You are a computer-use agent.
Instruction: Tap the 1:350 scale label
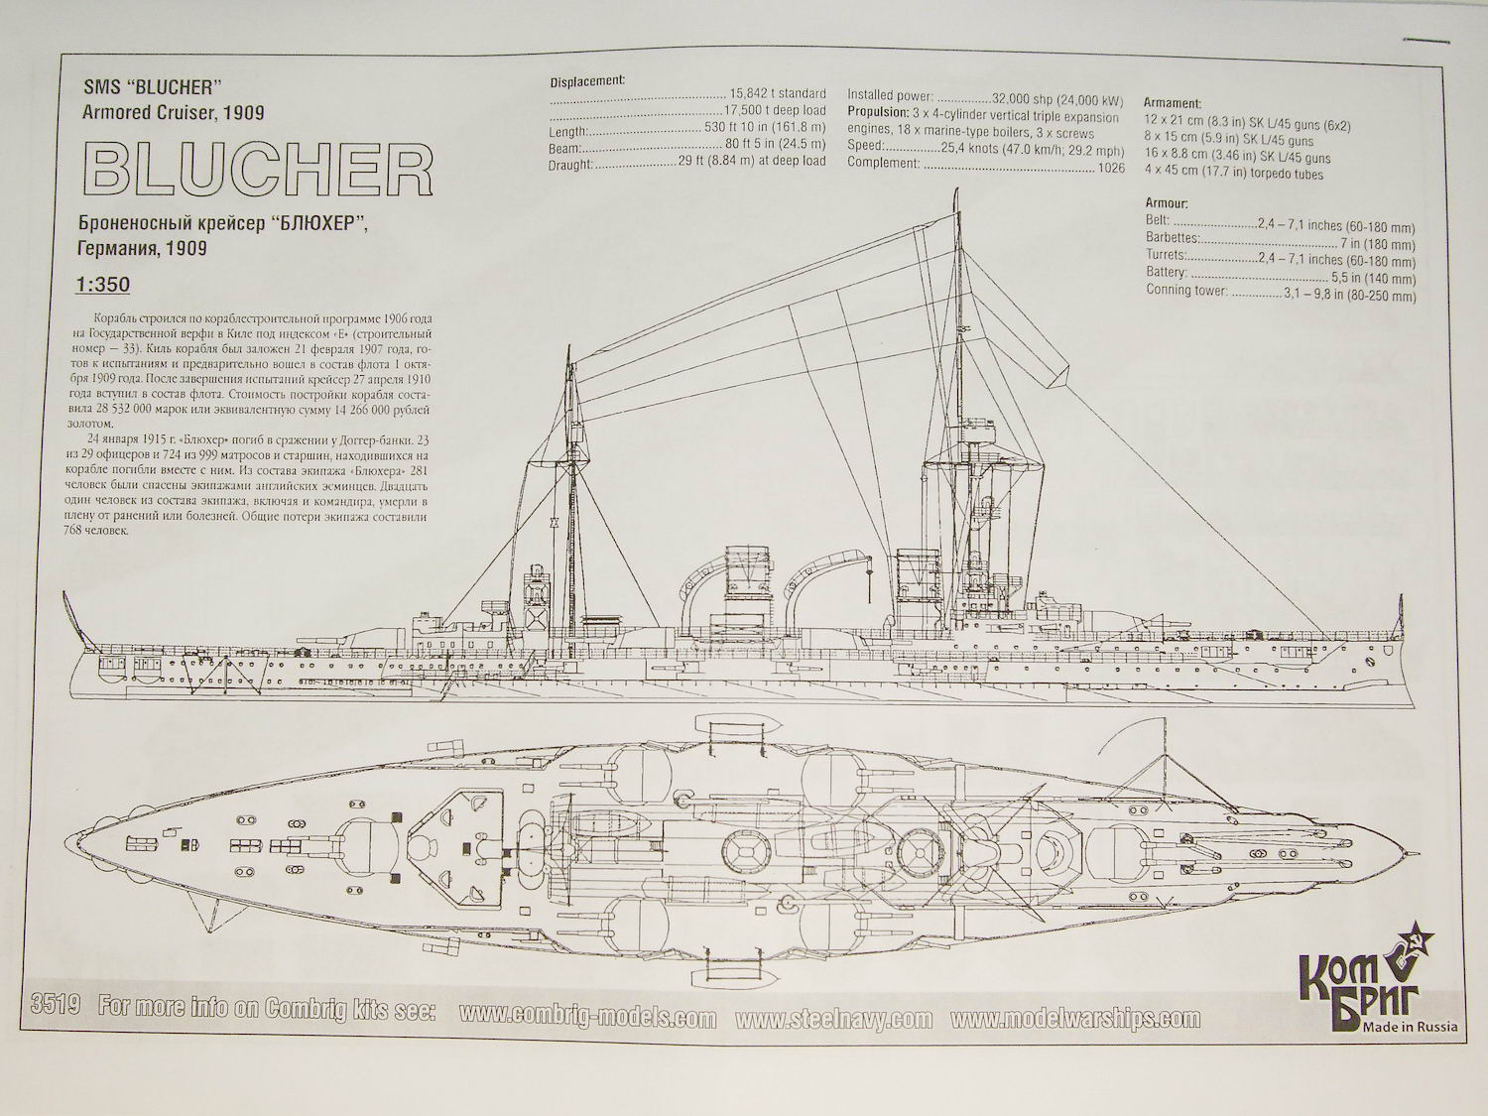(x=102, y=285)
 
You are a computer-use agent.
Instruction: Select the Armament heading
(x=1172, y=103)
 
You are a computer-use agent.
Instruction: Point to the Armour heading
(x=1166, y=203)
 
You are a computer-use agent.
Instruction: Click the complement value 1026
(x=1111, y=169)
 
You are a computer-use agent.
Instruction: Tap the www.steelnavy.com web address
(x=834, y=1020)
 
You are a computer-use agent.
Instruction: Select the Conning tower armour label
(x=1187, y=292)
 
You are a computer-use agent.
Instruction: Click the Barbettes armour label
(x=1172, y=238)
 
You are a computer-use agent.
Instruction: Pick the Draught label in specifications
(x=570, y=164)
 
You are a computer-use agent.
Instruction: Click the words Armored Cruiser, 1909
(x=176, y=112)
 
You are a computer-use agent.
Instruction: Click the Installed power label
(x=890, y=97)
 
